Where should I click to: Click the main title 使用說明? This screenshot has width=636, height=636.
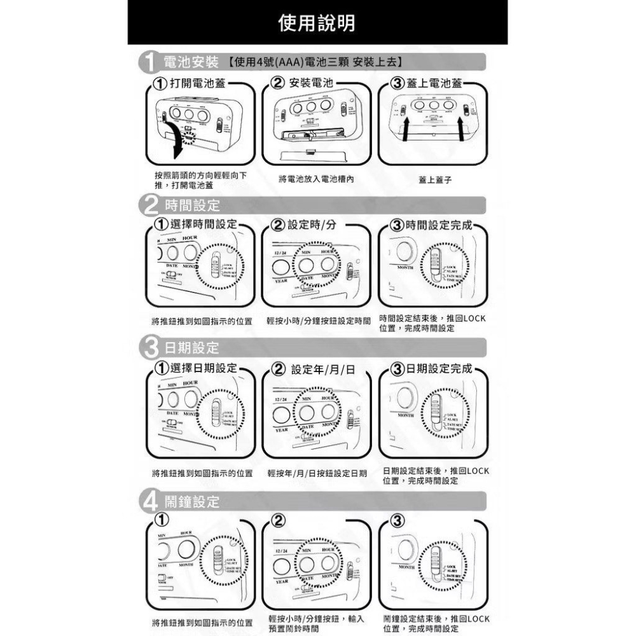pyautogui.click(x=317, y=23)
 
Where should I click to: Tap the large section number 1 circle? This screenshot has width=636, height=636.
pyautogui.click(x=148, y=63)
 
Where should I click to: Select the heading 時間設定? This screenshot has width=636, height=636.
pyautogui.click(x=191, y=205)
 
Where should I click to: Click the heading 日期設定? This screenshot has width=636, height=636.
pyautogui.click(x=191, y=348)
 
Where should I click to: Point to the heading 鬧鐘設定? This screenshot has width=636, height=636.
pyautogui.click(x=191, y=502)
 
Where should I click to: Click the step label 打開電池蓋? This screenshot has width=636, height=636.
pyautogui.click(x=197, y=84)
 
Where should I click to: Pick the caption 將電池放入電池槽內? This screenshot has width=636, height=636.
pyautogui.click(x=316, y=179)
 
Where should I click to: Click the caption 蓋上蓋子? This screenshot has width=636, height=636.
pyautogui.click(x=435, y=180)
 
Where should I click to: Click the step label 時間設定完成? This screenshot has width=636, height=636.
pyautogui.click(x=438, y=225)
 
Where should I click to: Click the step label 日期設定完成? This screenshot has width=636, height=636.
pyautogui.click(x=439, y=369)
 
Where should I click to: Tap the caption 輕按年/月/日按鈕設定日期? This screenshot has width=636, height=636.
pyautogui.click(x=318, y=474)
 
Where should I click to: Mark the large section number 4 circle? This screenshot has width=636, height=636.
pyautogui.click(x=148, y=502)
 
